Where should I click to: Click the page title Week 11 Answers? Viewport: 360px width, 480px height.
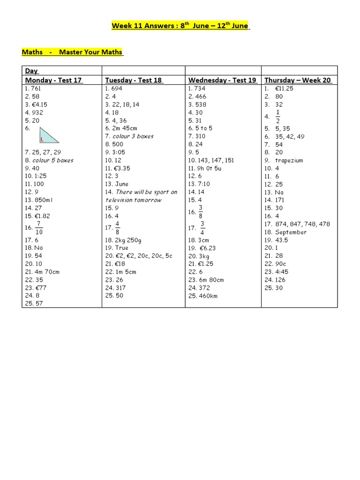[180, 25]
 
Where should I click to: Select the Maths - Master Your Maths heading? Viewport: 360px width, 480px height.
[73, 52]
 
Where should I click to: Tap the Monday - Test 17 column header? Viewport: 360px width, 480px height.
[54, 80]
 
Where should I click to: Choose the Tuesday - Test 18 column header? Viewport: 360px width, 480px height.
[134, 80]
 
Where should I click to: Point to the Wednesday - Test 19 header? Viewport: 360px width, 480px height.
[222, 80]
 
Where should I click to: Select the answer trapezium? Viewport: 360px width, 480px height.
[289, 160]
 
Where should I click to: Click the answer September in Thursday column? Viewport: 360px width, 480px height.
[291, 232]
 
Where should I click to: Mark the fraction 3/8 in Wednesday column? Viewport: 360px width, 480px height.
[201, 211]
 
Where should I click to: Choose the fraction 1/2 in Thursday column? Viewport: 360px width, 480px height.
[277, 116]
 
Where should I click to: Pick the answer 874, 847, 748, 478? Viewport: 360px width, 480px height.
[303, 224]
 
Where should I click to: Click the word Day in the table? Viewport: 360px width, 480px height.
[31, 71]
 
